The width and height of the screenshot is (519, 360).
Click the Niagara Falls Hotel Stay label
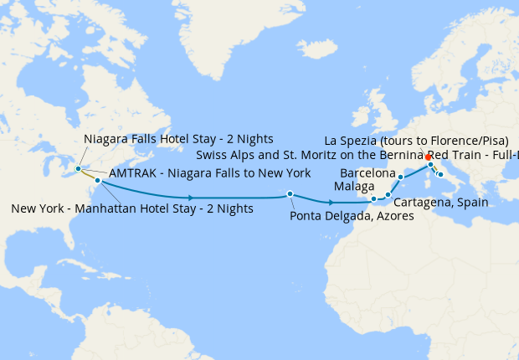pyautogui.click(x=179, y=139)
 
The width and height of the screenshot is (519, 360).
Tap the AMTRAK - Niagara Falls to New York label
pyautogui.click(x=210, y=173)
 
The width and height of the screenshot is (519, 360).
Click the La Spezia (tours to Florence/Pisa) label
pyautogui.click(x=416, y=139)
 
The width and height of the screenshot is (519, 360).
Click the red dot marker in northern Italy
pyautogui.click(x=428, y=157)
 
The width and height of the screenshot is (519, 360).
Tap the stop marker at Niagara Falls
pyautogui.click(x=78, y=168)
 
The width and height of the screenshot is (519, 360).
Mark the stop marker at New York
pyautogui.click(x=98, y=180)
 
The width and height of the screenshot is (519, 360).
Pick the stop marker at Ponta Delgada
pyautogui.click(x=290, y=193)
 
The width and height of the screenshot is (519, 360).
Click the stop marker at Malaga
pyautogui.click(x=373, y=199)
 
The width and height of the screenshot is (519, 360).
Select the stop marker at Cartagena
pyautogui.click(x=388, y=195)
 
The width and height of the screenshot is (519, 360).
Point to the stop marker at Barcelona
pyautogui.click(x=400, y=177)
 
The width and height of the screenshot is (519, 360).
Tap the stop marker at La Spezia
pyautogui.click(x=430, y=164)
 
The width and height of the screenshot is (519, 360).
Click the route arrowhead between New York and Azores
pyautogui.click(x=193, y=198)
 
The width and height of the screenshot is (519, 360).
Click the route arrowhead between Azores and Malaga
pyautogui.click(x=333, y=203)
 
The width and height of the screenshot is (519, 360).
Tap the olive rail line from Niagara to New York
pyautogui.click(x=88, y=174)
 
